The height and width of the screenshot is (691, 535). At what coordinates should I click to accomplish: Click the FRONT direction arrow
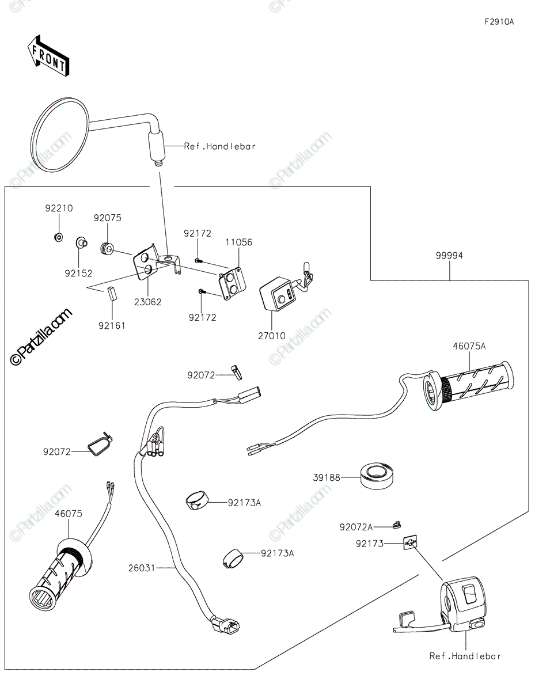tap(48, 56)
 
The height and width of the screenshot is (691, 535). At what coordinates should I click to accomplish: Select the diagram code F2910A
tap(499, 22)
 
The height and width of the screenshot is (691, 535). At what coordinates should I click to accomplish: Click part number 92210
tap(59, 208)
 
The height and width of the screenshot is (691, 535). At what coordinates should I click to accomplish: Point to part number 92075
tap(108, 218)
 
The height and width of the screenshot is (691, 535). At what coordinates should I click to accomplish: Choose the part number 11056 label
tap(239, 242)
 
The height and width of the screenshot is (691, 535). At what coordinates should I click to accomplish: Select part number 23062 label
tap(147, 302)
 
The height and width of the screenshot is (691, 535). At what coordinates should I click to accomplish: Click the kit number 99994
tap(449, 255)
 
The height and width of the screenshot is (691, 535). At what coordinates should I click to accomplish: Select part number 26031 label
tap(142, 568)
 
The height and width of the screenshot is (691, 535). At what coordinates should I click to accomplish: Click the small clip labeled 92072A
tap(396, 525)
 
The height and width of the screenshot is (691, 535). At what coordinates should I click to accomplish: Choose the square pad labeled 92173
tap(410, 543)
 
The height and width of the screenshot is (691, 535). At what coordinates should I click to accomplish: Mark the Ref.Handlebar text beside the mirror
tap(220, 146)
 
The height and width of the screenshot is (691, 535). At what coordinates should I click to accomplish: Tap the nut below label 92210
tap(58, 237)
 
